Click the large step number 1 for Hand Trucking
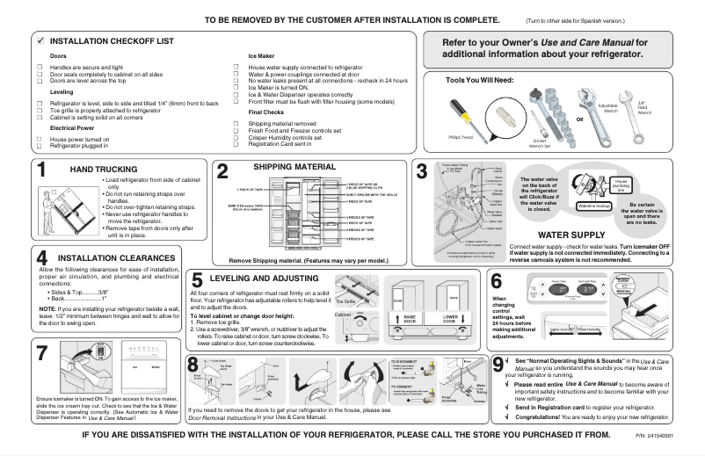tap(41, 172)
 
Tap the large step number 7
tap(41, 352)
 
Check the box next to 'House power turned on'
tap(39, 139)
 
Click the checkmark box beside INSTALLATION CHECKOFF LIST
tap(40, 41)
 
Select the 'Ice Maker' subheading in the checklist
tap(261, 55)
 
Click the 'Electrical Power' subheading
tap(72, 127)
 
